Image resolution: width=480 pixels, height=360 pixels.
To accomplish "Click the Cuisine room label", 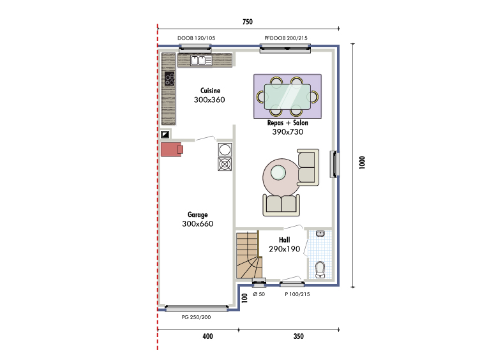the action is coord(210,91).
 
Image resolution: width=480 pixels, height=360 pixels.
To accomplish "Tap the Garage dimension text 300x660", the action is coord(198,224).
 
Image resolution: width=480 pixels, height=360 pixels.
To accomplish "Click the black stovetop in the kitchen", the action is coord(170,79).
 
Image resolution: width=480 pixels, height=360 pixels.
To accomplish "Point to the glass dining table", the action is coord(287,96).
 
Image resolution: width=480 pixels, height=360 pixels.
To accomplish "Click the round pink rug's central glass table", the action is coord(278,172).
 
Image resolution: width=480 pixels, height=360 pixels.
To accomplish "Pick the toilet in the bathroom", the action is coord(320,269).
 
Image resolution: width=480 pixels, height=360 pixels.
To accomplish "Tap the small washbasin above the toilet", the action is coord(320,234).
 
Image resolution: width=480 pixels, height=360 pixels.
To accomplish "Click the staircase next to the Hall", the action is coord(249,255).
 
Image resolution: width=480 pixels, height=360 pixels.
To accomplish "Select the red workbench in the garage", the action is coord(172,149).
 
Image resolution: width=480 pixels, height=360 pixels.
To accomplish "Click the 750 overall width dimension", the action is coord(248,22).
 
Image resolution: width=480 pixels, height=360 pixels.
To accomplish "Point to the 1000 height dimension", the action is coord(362,162).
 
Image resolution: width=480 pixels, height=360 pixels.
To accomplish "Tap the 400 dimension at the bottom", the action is coord(207,336).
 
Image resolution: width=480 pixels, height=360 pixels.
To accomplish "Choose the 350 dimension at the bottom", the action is coord(299,336).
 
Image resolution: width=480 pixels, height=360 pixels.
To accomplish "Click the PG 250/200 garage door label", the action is coord(196,317).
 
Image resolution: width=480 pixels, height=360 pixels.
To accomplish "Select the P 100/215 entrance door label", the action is coord(297,294).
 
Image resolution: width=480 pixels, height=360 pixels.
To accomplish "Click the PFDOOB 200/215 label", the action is coord(286,38).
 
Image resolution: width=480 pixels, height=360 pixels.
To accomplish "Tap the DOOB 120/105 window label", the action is coord(196,38).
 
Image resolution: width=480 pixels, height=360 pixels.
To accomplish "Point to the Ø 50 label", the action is coord(259,294).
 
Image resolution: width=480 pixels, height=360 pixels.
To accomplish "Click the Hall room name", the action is coord(285,240).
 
